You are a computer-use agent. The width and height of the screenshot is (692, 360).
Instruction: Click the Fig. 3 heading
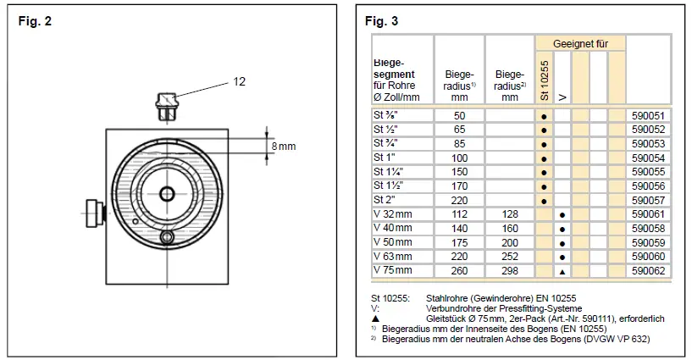(382, 20)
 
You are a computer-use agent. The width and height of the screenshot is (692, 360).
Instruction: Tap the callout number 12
(240, 81)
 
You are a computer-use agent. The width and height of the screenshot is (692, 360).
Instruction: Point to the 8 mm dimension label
(283, 147)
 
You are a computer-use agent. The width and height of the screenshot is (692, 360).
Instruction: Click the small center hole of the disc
(166, 194)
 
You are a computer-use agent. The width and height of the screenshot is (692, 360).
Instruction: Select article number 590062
(647, 270)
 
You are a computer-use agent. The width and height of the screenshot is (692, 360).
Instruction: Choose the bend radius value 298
(509, 270)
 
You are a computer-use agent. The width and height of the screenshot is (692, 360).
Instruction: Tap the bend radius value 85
(459, 144)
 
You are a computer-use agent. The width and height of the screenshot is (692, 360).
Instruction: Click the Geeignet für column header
(580, 43)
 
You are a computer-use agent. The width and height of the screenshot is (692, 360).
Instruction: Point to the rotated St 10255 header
(544, 81)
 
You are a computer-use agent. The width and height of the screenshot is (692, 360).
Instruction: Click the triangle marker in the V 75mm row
(562, 270)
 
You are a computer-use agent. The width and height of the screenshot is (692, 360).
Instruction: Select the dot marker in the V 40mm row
(562, 228)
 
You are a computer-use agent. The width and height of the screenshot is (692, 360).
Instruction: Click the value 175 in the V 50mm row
(459, 242)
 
